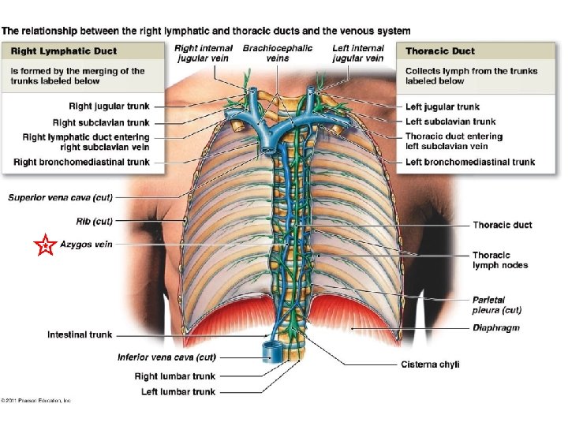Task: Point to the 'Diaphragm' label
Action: point(496,327)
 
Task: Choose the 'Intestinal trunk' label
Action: point(80,334)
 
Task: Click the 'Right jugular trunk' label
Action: point(108,106)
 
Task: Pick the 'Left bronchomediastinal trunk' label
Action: point(470,162)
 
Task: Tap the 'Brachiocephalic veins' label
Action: point(277,53)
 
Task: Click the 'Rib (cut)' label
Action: point(94,221)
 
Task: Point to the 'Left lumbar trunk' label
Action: point(178,391)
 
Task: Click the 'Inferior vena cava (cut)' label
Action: point(166,357)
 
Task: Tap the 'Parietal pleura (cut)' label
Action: point(497,305)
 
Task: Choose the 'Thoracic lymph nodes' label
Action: point(499,260)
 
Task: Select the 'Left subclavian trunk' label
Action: point(450,121)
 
